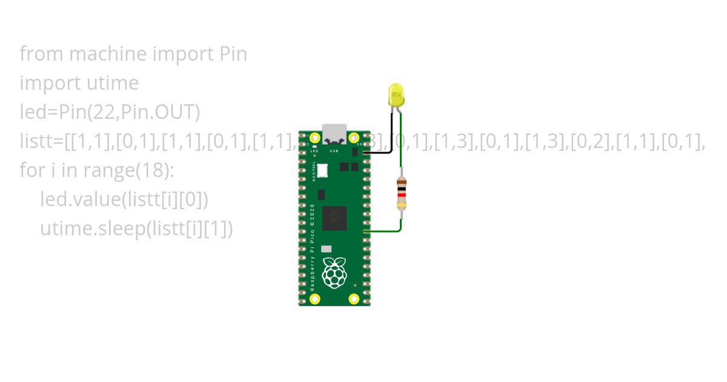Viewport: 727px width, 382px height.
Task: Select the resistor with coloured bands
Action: tap(400, 193)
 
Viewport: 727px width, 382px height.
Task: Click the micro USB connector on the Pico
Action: tap(334, 133)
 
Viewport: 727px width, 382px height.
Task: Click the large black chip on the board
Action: tap(334, 218)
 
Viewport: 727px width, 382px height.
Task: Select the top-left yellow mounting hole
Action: tap(314, 138)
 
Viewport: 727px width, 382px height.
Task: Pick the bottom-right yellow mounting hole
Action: tap(354, 298)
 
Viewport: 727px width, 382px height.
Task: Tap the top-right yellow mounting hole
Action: tap(354, 138)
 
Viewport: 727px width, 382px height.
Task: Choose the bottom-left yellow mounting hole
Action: tap(314, 298)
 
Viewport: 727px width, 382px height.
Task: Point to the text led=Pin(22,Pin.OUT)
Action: tap(110, 112)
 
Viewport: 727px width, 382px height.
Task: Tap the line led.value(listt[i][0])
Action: tap(124, 199)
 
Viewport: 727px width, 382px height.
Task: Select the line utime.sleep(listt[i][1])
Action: tap(136, 229)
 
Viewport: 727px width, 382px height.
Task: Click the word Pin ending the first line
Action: tap(232, 54)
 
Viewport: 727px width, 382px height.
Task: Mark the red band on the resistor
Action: tap(400, 195)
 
